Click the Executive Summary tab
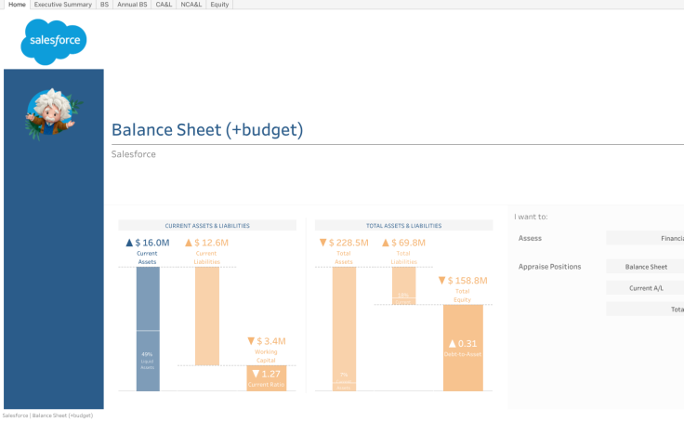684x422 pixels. [62, 5]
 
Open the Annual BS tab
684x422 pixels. [132, 5]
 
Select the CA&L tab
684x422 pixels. [163, 5]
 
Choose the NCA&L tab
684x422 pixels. [191, 5]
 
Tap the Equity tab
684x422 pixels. [219, 5]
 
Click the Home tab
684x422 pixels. [17, 5]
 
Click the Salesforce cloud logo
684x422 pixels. [54, 42]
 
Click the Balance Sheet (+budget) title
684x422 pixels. [206, 130]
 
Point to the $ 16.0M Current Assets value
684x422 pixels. [148, 243]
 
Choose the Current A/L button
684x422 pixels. [645, 288]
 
